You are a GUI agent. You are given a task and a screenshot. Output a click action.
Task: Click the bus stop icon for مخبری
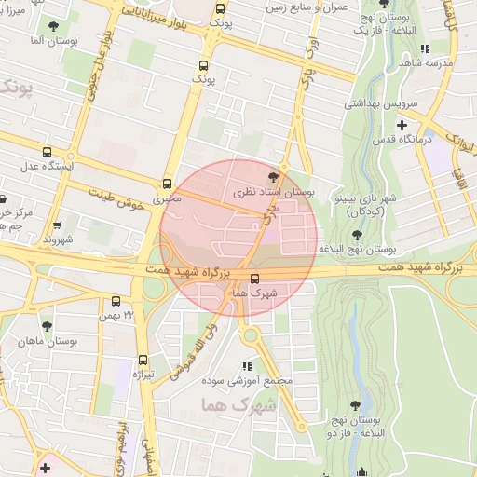point(168,184)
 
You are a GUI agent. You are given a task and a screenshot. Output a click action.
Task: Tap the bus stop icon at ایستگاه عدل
point(47,153)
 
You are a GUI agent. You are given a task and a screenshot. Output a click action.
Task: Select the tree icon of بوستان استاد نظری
point(272,176)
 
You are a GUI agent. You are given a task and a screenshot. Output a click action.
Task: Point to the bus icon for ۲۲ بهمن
point(116,301)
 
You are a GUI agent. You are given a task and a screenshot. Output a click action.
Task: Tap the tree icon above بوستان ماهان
point(47,326)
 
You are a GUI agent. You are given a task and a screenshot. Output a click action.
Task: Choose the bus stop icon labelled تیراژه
point(143,359)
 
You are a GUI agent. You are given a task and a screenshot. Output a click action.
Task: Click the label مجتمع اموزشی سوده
point(247,381)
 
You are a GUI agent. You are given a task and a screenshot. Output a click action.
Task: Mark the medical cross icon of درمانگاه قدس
point(402,125)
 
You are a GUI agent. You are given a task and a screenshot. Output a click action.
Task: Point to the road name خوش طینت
point(117,198)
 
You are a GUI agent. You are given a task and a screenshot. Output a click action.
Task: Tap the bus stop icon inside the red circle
point(255,278)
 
